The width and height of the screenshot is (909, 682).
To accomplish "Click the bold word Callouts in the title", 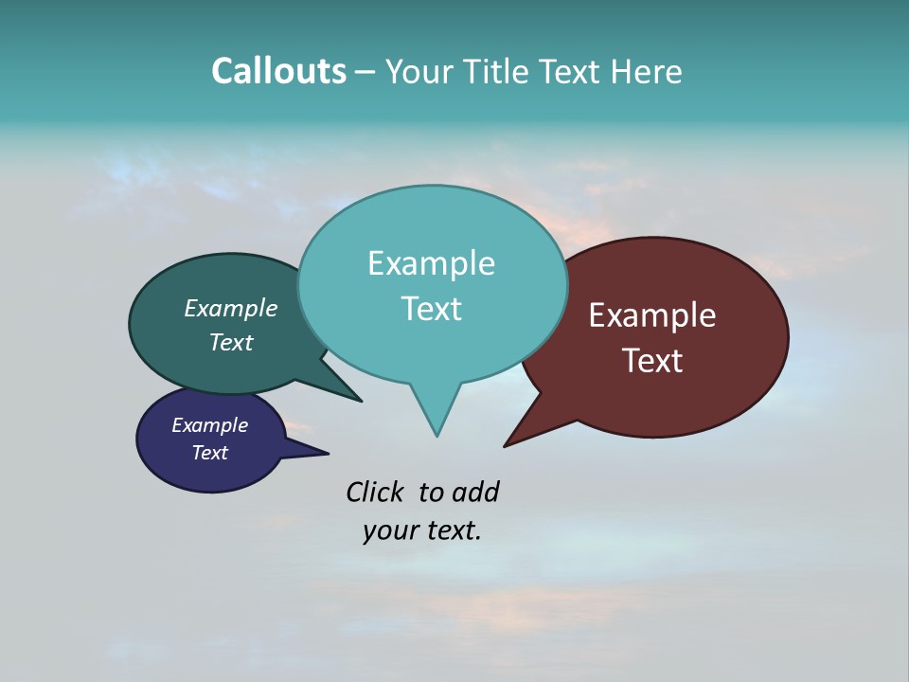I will click(278, 71).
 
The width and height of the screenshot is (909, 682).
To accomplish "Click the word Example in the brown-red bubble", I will click(651, 315).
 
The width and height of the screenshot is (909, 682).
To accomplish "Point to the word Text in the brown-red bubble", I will click(651, 361).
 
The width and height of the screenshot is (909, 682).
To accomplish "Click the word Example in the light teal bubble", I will click(431, 263).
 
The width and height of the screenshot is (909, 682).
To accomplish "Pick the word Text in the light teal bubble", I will click(431, 309).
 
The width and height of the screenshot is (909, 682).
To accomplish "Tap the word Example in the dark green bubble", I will click(230, 309).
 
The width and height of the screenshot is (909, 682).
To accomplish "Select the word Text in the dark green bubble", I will click(230, 342).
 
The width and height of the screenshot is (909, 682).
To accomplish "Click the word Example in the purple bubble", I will click(209, 425).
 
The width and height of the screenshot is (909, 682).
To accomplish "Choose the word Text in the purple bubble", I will click(209, 453).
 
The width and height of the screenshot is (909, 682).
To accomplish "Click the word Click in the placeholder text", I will click(374, 493).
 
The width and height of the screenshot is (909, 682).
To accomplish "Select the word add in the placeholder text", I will click(476, 493).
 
